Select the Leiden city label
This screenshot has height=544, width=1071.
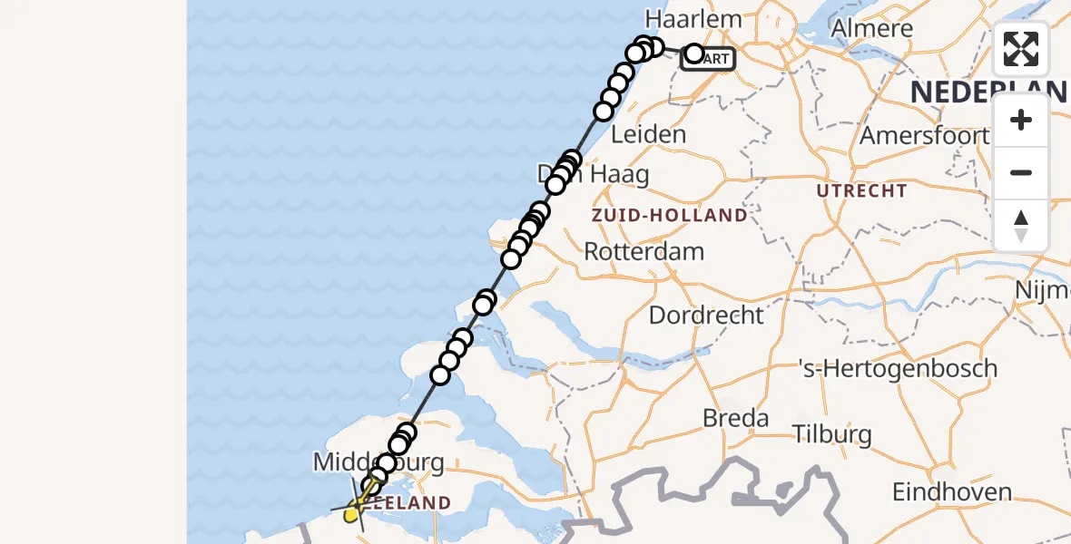[x=648, y=134]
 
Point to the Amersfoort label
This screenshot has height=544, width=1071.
[x=924, y=136]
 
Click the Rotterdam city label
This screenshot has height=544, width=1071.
[x=644, y=251]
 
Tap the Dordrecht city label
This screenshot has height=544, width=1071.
[x=706, y=316]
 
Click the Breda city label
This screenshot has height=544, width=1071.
[x=735, y=419]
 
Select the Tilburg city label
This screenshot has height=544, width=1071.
[x=831, y=434]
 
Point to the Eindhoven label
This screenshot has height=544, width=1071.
[x=951, y=492]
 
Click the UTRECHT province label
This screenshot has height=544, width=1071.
[x=861, y=191]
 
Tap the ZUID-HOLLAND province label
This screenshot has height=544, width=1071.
[x=669, y=216]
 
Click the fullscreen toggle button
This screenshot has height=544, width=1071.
[x=1020, y=49]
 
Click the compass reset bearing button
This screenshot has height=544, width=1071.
[x=1020, y=226]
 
